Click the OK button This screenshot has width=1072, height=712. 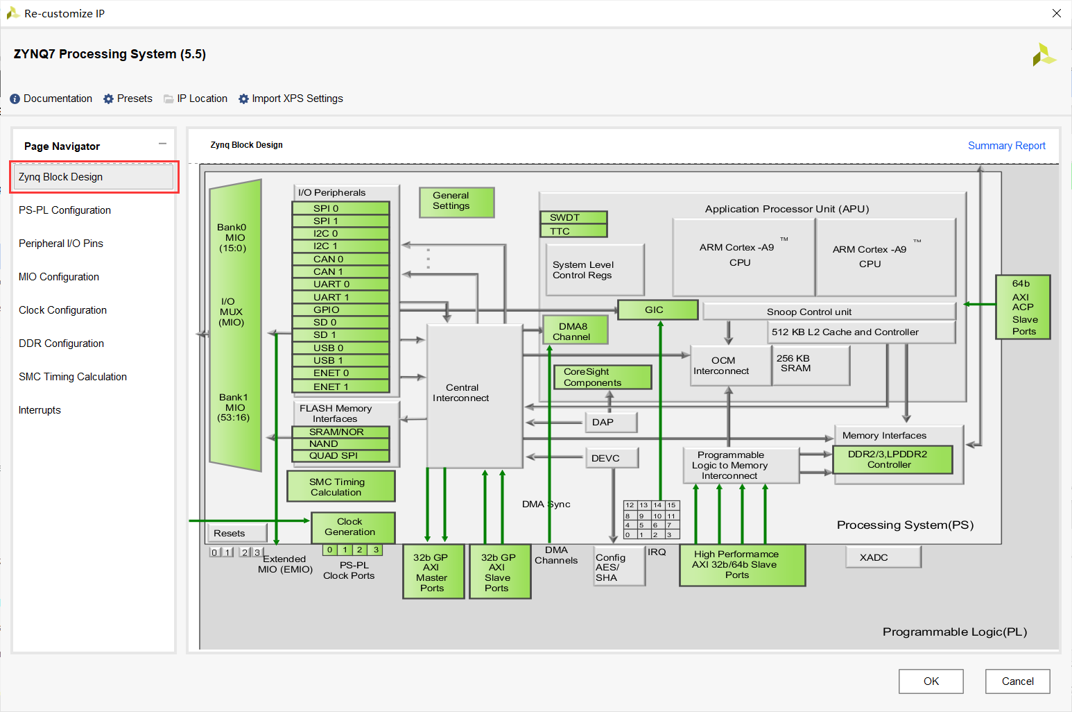click(931, 681)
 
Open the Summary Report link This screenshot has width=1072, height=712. click(1006, 146)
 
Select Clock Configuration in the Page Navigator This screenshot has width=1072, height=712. click(63, 310)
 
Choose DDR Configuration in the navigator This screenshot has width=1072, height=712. click(62, 344)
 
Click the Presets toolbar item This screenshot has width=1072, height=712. click(128, 99)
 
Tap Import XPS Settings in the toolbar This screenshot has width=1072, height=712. click(291, 99)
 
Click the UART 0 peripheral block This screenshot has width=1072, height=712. click(340, 284)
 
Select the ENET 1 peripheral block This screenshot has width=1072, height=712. click(340, 387)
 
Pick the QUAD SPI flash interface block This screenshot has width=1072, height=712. click(340, 456)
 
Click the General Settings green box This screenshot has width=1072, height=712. click(456, 201)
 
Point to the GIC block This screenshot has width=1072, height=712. click(657, 310)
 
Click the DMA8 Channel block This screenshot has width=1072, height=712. click(574, 331)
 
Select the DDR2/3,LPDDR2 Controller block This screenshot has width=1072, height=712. click(892, 459)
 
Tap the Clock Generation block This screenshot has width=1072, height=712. click(352, 527)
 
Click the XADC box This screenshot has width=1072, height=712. click(883, 557)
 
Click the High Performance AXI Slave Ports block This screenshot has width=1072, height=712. click(741, 564)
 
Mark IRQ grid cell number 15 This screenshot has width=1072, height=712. click(671, 505)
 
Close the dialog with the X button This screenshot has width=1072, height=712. click(1056, 13)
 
